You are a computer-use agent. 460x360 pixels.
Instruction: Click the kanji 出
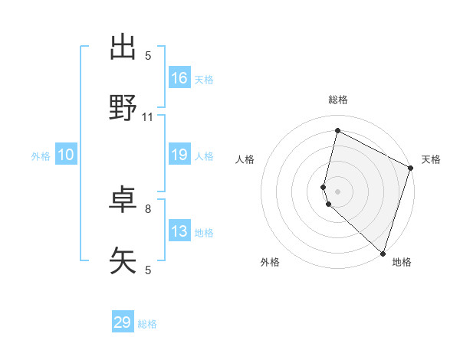pos(123,47)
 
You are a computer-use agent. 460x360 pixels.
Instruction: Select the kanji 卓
pos(123,201)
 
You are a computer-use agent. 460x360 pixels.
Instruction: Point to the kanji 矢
pos(123,261)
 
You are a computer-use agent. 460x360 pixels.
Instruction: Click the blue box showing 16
pos(179,78)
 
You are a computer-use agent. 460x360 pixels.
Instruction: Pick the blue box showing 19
pos(179,155)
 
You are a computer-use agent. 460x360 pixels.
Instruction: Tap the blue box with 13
pos(179,231)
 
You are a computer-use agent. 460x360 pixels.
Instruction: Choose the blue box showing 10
pos(66,155)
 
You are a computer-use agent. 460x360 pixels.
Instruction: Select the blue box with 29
pos(123,322)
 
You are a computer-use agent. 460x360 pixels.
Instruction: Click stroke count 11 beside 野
pos(148,117)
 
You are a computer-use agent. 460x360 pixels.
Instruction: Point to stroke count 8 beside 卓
pos(148,208)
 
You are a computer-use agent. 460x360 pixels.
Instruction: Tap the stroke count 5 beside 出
pos(148,55)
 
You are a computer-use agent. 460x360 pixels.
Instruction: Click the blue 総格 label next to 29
pos(147,324)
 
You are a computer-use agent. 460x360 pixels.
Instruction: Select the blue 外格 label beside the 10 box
pos(41,156)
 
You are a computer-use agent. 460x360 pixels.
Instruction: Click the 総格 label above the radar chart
pos(338,100)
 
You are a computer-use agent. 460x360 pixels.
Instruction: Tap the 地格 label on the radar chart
pos(402,262)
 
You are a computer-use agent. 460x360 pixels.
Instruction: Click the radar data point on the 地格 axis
pos(383,253)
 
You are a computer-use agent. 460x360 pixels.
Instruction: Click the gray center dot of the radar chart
pos(338,191)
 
